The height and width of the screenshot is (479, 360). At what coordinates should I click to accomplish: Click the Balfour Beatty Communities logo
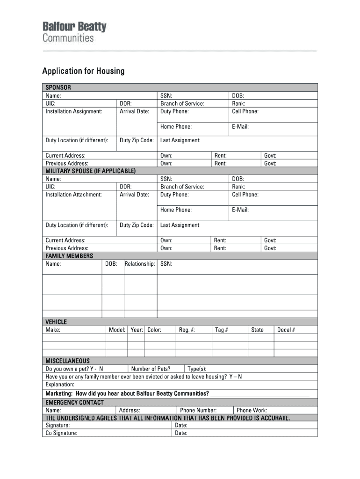click(x=74, y=32)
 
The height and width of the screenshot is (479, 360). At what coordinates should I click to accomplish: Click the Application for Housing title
click(x=83, y=71)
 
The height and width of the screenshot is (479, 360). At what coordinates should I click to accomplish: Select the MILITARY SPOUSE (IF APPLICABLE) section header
click(x=90, y=171)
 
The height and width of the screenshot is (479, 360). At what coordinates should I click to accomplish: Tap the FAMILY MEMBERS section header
click(x=69, y=256)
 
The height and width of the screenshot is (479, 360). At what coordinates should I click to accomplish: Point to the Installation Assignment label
click(x=73, y=111)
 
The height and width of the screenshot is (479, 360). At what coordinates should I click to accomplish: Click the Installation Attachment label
click(x=73, y=195)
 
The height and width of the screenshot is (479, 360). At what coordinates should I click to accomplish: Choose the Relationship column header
click(x=140, y=264)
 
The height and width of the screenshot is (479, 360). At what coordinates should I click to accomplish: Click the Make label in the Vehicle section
click(x=53, y=330)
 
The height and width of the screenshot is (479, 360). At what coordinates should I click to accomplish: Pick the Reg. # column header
click(x=187, y=330)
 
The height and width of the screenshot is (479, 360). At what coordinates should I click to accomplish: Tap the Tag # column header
click(x=222, y=330)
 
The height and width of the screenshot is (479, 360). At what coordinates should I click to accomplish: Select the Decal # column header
click(x=286, y=330)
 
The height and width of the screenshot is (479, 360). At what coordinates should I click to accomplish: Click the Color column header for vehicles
click(x=154, y=330)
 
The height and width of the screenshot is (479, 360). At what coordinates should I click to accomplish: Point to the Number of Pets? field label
click(x=151, y=369)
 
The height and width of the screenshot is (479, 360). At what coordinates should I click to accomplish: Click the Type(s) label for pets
click(x=197, y=369)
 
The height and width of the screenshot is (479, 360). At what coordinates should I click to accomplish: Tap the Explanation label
click(x=60, y=384)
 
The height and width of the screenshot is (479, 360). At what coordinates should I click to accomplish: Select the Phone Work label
click(x=252, y=410)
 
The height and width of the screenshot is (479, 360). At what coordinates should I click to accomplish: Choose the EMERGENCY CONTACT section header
click(x=74, y=402)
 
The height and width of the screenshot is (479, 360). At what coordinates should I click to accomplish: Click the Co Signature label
click(x=61, y=433)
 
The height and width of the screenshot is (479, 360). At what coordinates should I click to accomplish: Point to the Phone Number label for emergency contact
click(x=198, y=410)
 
